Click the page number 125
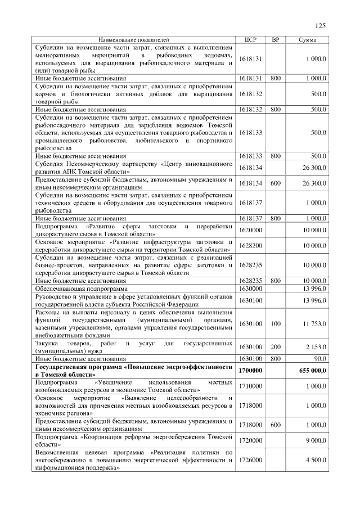[x=321, y=25]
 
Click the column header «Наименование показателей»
[x=133, y=40]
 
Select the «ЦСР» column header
[x=250, y=40]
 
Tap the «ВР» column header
[x=275, y=40]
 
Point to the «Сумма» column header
[x=307, y=40]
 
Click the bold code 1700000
[x=250, y=371]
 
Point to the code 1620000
[x=250, y=231]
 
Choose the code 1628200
[x=250, y=246]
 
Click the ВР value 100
[x=275, y=324]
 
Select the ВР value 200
[x=275, y=347]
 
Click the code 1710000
[x=250, y=386]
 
